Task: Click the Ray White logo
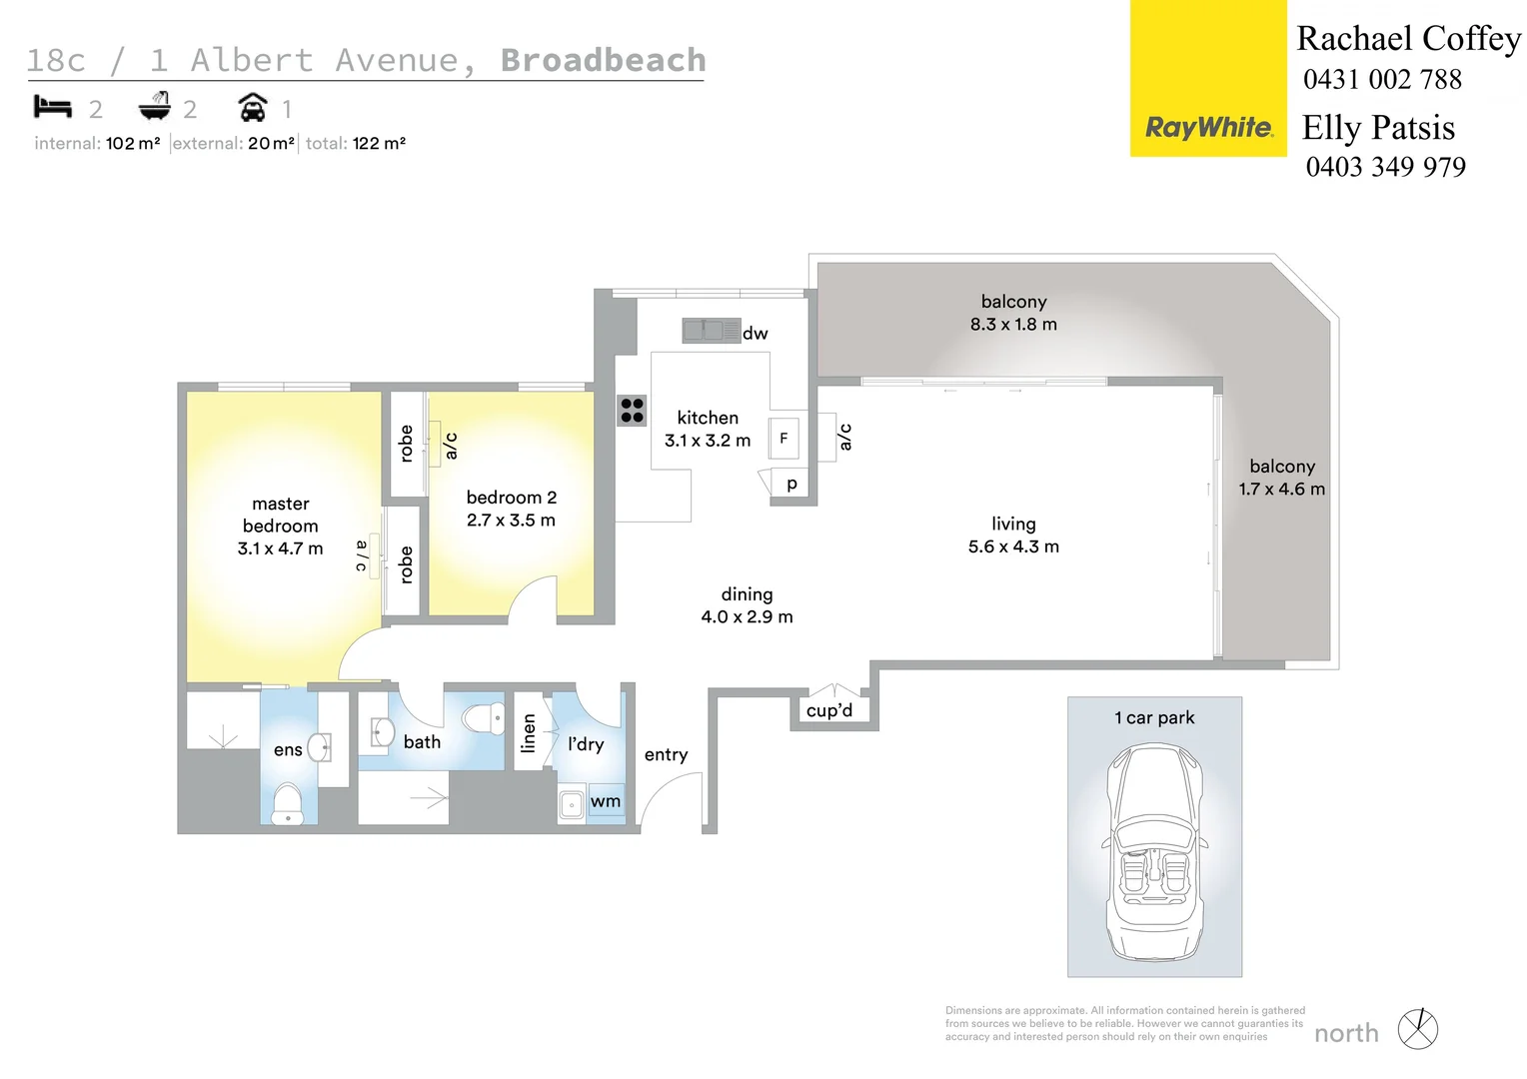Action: coord(1208,127)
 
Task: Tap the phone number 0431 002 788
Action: coord(1382,80)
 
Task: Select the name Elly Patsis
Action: coord(1378,128)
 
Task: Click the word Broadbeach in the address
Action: coord(603,60)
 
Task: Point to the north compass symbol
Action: coord(1417,1029)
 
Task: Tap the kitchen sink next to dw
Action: coord(711,331)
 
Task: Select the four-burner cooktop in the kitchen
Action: coord(632,410)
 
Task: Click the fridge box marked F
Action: coord(783,438)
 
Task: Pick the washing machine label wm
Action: coord(606,801)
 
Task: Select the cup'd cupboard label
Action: coord(829,710)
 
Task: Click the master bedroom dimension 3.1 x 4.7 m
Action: coord(280,548)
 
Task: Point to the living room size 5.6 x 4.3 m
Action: coord(1013,546)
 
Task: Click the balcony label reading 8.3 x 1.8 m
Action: coord(1013,324)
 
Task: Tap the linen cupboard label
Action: coord(529,733)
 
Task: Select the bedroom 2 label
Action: coord(511,498)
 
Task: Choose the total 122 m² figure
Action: coord(378,143)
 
